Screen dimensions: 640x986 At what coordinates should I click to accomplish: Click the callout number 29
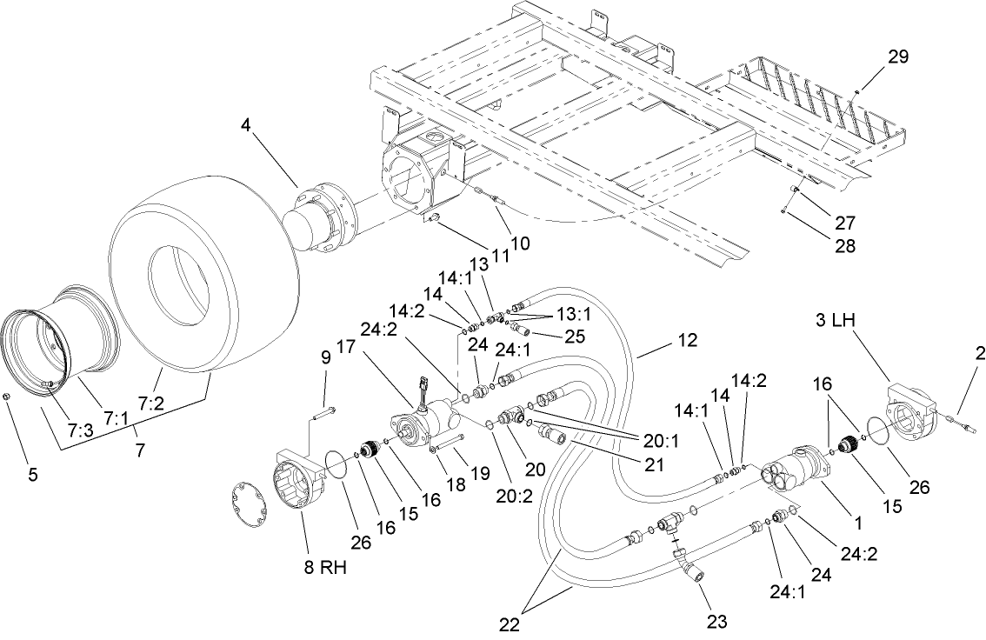(x=897, y=57)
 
